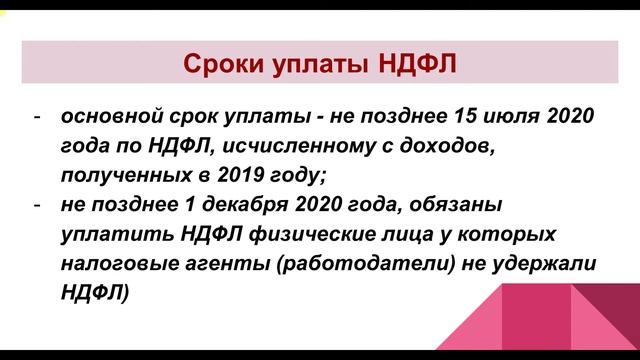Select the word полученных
[x=120, y=176]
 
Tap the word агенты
[x=216, y=265]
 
